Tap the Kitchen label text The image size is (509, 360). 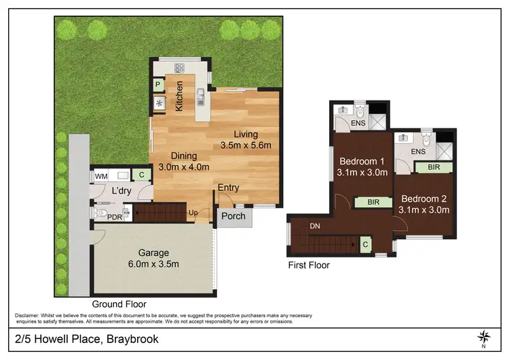click(180, 96)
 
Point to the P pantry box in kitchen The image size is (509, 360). click(157, 85)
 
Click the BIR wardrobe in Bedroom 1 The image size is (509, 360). click(373, 202)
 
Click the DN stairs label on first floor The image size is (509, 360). click(315, 226)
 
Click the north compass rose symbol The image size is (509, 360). click(484, 336)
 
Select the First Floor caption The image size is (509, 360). click(308, 266)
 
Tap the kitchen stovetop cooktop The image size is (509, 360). click(181, 67)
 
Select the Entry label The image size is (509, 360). click(228, 187)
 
